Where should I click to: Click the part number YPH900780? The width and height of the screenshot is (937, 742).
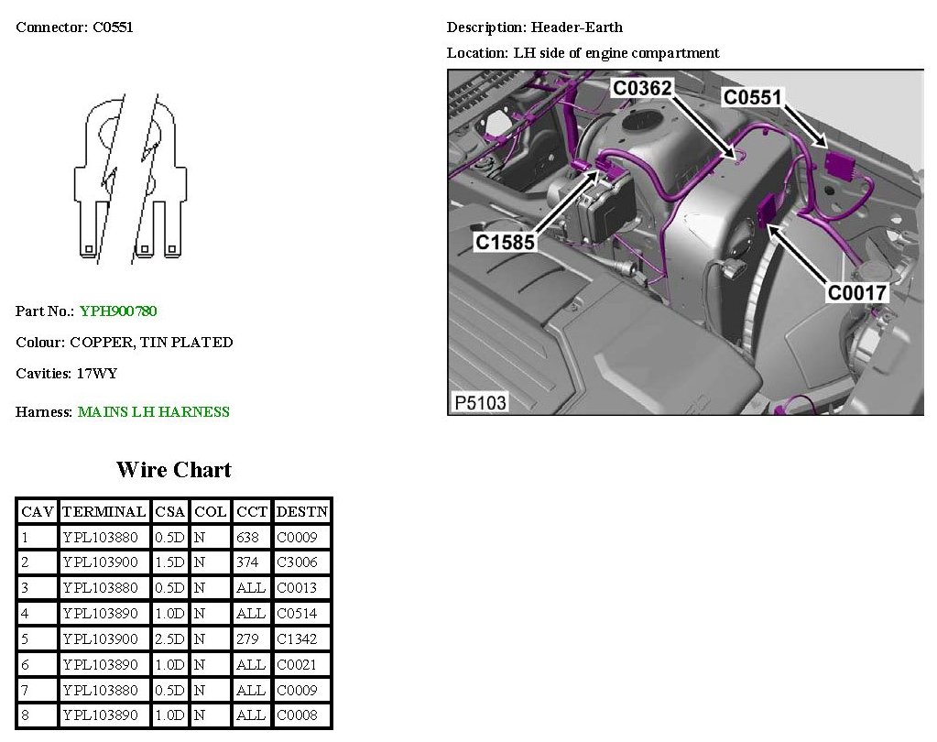(x=118, y=311)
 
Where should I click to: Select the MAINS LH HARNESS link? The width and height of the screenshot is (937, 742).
(x=153, y=412)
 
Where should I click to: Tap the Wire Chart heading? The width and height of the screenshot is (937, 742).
(x=174, y=470)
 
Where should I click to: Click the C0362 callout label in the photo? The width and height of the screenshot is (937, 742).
(x=642, y=88)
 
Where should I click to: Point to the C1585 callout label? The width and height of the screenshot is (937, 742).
(x=504, y=243)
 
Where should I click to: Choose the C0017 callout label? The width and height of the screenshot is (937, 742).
(x=857, y=293)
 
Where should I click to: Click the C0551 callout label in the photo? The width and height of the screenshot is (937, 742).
(x=753, y=97)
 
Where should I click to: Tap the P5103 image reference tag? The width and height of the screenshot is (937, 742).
(x=480, y=402)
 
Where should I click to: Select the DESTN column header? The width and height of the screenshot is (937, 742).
(x=302, y=511)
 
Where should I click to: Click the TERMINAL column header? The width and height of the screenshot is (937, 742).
(x=104, y=511)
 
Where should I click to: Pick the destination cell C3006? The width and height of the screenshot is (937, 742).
(x=297, y=562)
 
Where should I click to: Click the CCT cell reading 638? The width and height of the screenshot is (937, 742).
(x=247, y=537)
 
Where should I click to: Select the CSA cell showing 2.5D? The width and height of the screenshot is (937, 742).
(x=169, y=639)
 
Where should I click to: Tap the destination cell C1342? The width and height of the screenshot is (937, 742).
(x=297, y=639)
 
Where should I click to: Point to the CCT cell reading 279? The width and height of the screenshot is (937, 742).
(x=247, y=639)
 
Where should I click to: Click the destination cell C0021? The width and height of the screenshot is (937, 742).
(x=297, y=665)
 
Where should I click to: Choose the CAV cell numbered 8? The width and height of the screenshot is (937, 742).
(x=26, y=715)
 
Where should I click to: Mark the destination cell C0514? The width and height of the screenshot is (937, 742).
(x=297, y=614)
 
